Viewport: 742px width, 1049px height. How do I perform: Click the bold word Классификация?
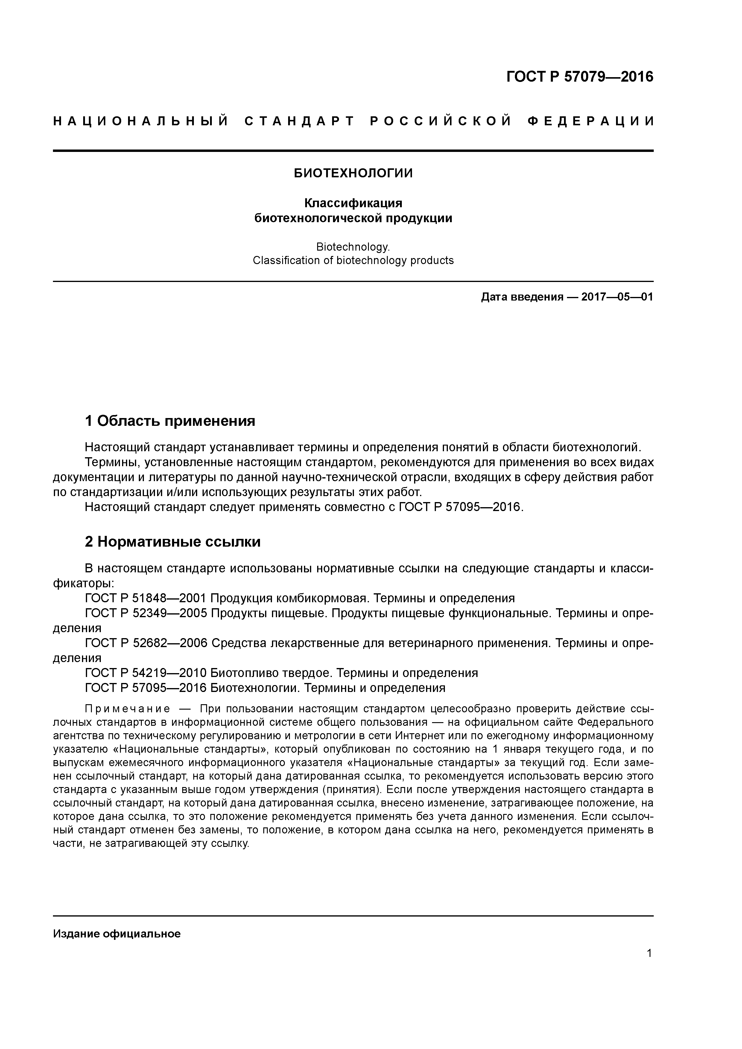(353, 202)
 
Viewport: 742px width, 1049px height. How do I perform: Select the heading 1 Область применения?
(170, 421)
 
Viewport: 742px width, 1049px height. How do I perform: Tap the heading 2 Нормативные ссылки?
(173, 542)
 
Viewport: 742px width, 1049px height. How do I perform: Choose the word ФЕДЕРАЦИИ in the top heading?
(591, 121)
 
